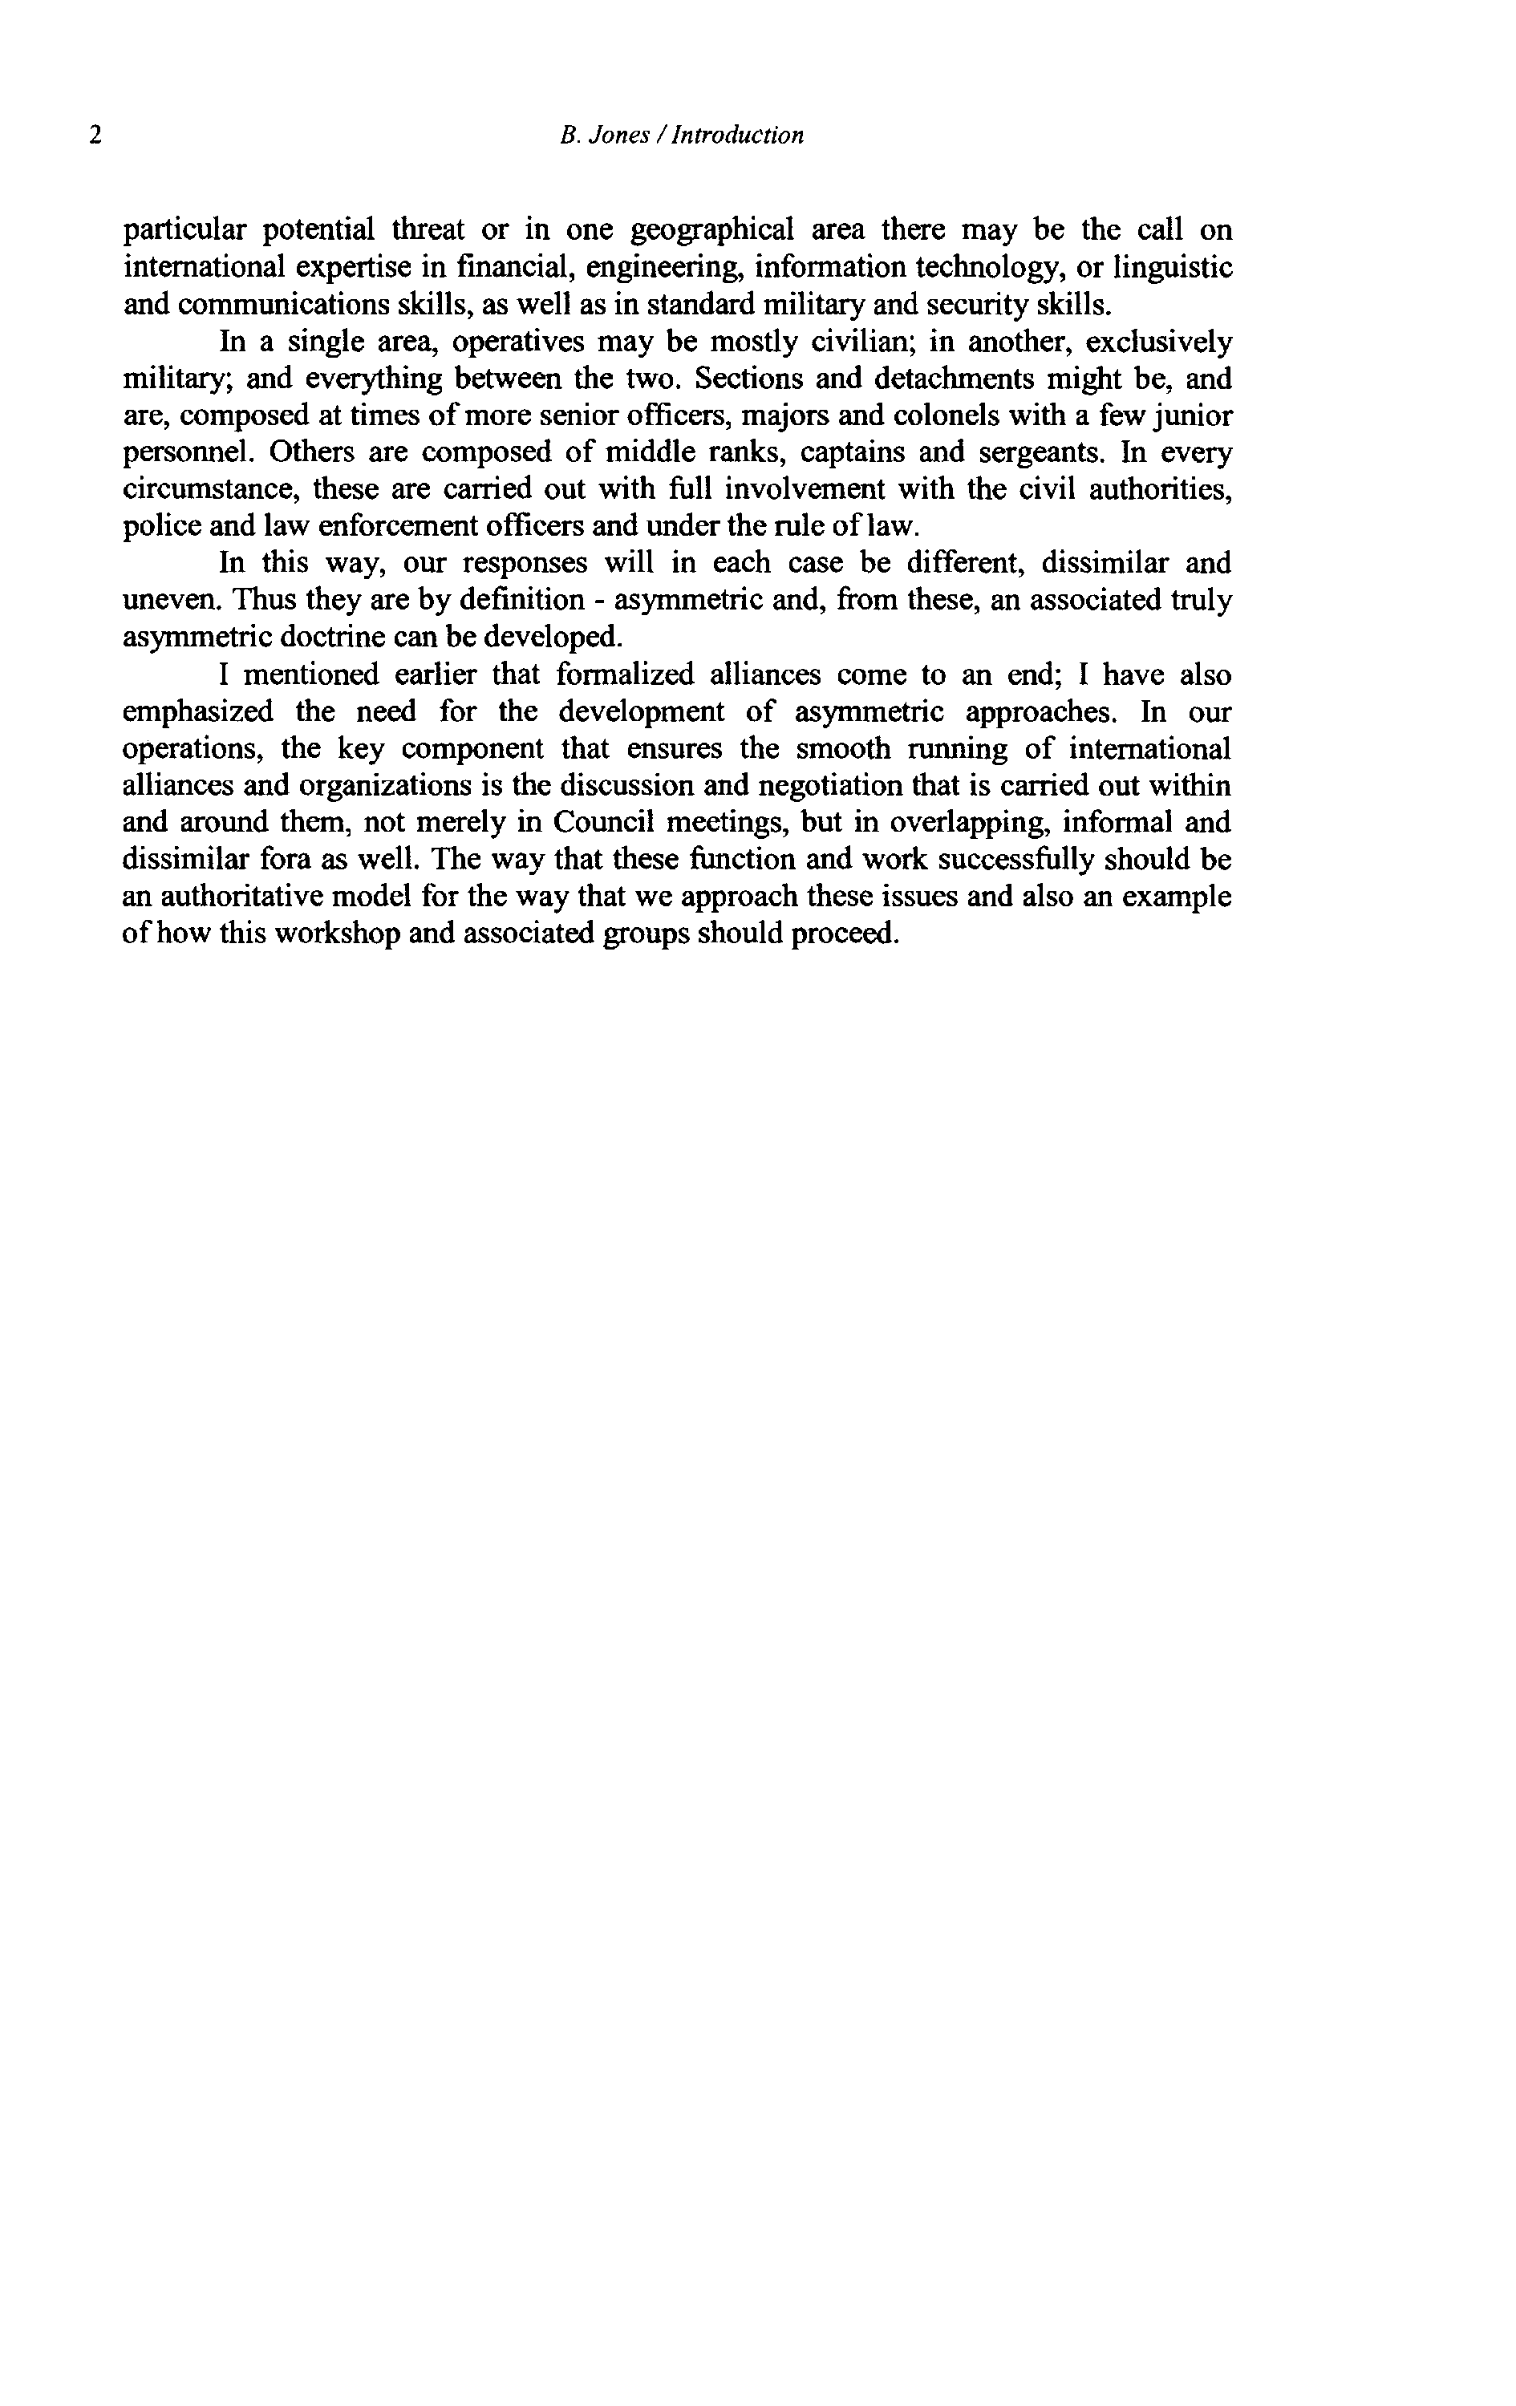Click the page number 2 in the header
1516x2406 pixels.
click(95, 135)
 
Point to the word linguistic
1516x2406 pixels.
click(1173, 268)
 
